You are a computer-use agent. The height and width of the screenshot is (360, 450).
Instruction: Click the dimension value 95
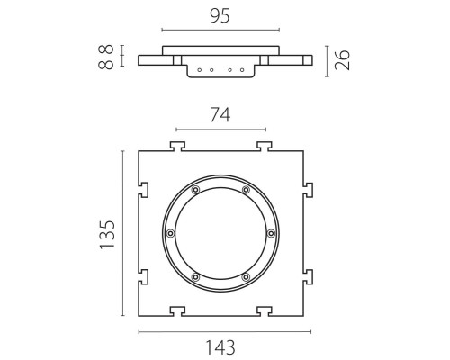click(x=220, y=16)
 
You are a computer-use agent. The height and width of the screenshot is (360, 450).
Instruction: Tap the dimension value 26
click(x=342, y=60)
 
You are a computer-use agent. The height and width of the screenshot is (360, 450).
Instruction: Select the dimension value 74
click(x=220, y=115)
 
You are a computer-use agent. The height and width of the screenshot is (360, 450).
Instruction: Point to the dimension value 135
click(x=107, y=235)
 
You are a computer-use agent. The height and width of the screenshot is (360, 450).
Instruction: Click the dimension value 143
click(x=220, y=348)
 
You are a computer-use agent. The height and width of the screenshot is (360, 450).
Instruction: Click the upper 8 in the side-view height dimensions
click(x=106, y=49)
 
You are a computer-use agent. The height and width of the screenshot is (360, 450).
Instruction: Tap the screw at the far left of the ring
click(x=171, y=233)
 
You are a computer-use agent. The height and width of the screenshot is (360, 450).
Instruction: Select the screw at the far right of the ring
click(x=271, y=233)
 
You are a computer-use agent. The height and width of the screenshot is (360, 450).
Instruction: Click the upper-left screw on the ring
click(x=195, y=190)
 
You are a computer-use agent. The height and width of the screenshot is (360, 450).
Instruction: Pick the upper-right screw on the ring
click(x=246, y=190)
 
